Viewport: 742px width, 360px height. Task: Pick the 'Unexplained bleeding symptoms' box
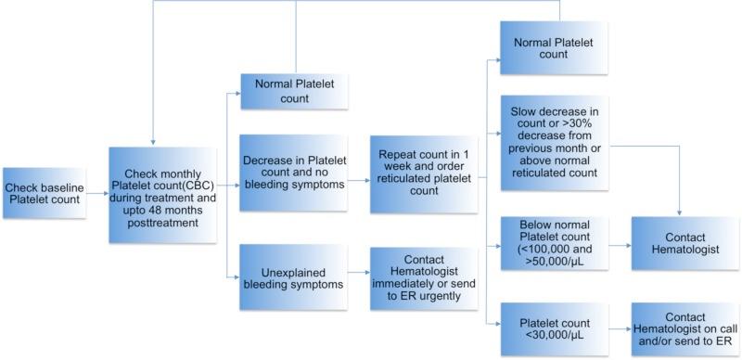(x=294, y=277)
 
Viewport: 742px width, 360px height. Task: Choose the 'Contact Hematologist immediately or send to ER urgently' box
(x=423, y=277)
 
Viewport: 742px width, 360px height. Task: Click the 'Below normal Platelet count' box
(x=555, y=244)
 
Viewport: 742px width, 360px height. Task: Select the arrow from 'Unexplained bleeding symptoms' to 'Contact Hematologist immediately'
(x=359, y=277)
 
